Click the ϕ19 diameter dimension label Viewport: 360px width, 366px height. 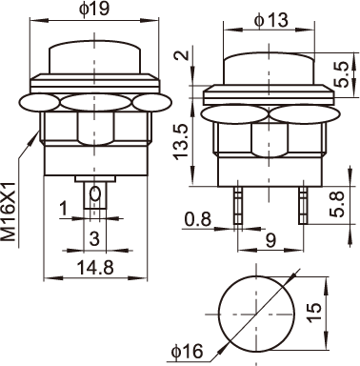click(x=94, y=10)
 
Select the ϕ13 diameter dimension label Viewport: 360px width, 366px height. click(x=270, y=20)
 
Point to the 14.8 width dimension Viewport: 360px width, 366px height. click(x=95, y=268)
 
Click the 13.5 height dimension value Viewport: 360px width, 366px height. click(x=181, y=141)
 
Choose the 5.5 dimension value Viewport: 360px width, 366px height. click(x=342, y=75)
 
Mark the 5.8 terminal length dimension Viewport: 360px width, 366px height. click(x=337, y=204)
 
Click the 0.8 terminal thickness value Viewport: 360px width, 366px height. click(x=198, y=219)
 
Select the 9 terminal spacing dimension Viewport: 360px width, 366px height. click(x=270, y=240)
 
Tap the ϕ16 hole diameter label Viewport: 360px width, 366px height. click(x=187, y=352)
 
